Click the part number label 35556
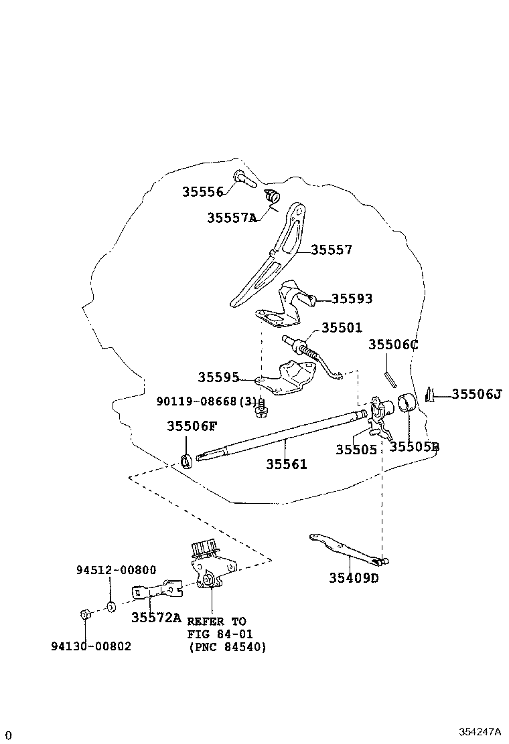click(202, 192)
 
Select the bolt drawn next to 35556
click(244, 179)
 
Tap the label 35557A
click(232, 217)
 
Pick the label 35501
click(341, 328)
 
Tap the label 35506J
click(476, 394)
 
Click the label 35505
click(356, 450)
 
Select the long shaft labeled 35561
click(281, 439)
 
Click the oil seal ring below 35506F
click(187, 460)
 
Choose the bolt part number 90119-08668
click(207, 401)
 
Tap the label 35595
click(218, 377)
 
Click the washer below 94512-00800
click(111, 607)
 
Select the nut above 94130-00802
click(85, 614)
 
